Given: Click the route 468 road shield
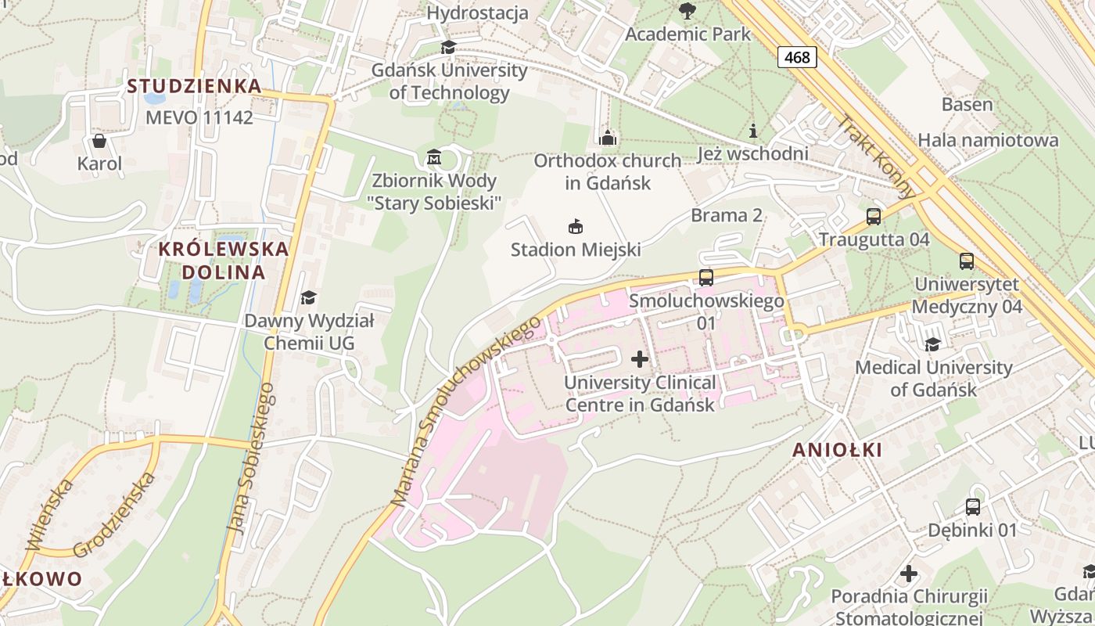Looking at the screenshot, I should click(797, 57).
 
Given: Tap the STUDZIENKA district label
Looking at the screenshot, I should click(194, 86).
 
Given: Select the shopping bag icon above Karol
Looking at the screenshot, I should click(99, 141).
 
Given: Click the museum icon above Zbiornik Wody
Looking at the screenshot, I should click(434, 158).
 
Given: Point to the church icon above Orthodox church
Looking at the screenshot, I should click(608, 138).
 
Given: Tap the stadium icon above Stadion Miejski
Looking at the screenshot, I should click(576, 227).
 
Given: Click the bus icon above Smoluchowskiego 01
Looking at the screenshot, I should click(706, 277).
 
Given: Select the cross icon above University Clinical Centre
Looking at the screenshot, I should click(640, 359).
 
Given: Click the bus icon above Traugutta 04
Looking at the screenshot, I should click(874, 216).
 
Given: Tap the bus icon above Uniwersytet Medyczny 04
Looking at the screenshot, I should click(967, 261).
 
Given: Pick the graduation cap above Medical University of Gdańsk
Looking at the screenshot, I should click(932, 344).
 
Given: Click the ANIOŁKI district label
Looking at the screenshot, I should click(837, 450).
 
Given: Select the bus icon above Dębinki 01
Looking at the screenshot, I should click(973, 507).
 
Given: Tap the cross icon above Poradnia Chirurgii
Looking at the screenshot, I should click(908, 574).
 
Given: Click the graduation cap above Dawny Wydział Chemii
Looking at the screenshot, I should click(309, 297).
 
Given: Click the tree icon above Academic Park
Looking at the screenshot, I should click(688, 11).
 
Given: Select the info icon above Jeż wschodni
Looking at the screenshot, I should click(753, 131).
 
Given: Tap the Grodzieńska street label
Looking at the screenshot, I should click(114, 515).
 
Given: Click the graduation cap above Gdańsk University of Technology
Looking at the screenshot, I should click(448, 47).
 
